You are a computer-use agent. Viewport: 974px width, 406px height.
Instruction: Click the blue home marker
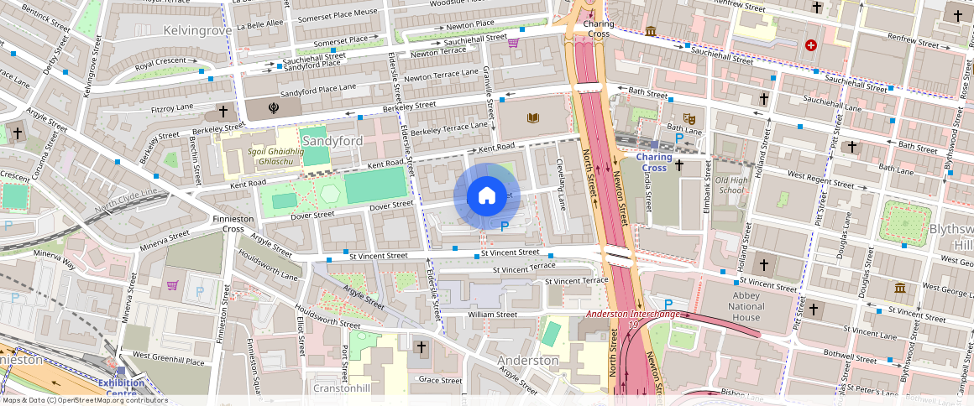click(486, 196)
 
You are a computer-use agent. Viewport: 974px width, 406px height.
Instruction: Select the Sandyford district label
click(333, 140)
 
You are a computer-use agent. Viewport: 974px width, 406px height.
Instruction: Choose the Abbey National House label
click(735, 306)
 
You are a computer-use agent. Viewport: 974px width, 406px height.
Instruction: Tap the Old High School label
click(730, 185)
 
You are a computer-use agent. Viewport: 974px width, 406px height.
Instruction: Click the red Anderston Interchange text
click(633, 314)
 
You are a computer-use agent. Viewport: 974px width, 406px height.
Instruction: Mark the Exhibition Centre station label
click(121, 388)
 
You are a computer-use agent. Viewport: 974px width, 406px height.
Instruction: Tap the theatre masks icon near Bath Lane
click(689, 118)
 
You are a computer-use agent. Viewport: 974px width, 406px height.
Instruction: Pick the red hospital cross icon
click(810, 45)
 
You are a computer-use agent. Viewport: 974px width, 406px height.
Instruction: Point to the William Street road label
click(493, 315)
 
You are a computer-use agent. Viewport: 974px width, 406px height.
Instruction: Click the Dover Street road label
click(392, 205)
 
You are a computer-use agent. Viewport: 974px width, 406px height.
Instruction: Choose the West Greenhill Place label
click(168, 362)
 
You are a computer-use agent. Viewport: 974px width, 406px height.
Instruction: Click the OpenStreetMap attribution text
click(84, 400)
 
